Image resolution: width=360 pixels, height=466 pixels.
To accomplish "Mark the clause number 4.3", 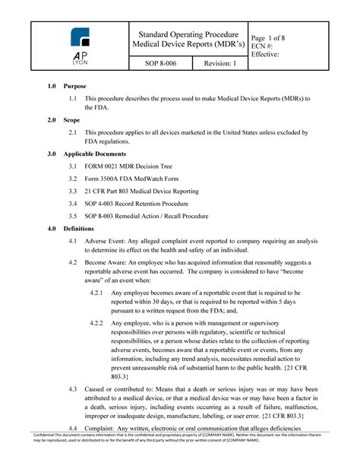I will [72, 390].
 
